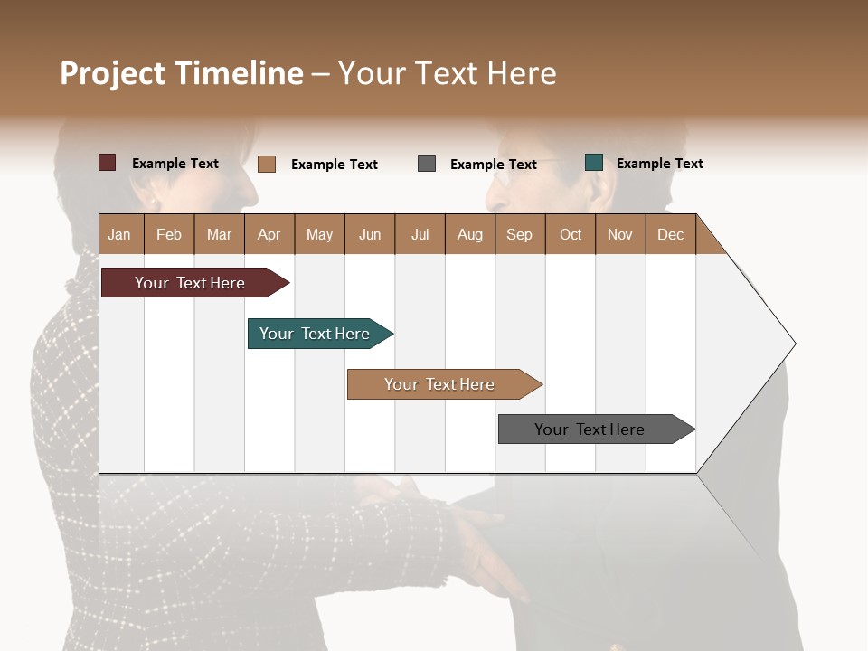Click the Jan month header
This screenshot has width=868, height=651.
click(x=119, y=234)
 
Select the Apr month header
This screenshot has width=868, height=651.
click(x=269, y=234)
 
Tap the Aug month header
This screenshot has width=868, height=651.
click(x=469, y=234)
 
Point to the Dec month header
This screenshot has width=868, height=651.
click(x=670, y=234)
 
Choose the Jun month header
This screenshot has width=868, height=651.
click(x=369, y=234)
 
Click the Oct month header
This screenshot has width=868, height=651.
click(x=571, y=234)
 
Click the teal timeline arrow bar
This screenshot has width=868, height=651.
click(x=316, y=334)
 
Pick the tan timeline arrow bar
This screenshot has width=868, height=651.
click(x=441, y=384)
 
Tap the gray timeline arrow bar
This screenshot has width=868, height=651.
click(x=592, y=429)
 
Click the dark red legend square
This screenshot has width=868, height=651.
click(x=107, y=163)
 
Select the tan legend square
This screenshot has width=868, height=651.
click(x=267, y=164)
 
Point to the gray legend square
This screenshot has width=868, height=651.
click(x=427, y=164)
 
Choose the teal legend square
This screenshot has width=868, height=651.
click(x=594, y=163)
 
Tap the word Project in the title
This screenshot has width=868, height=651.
click(x=112, y=73)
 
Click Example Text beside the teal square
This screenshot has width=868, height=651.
click(x=659, y=164)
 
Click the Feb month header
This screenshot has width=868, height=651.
click(x=169, y=234)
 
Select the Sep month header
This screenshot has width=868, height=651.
click(x=519, y=234)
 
